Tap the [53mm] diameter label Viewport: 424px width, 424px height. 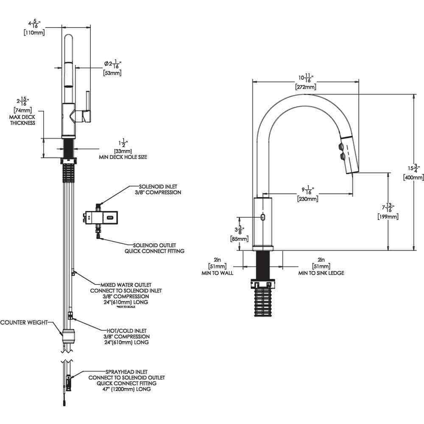tap(112, 73)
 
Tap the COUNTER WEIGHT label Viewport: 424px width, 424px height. tap(24, 322)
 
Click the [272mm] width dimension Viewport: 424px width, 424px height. tap(306, 87)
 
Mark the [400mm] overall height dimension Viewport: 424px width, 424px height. tap(413, 178)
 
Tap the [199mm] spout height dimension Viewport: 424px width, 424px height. tap(388, 217)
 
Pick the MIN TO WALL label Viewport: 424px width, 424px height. tap(217, 273)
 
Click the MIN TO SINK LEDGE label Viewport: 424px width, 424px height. tap(321, 273)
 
